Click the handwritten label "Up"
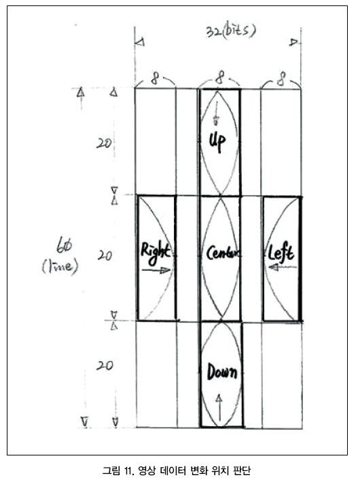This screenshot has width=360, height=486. click(x=217, y=142)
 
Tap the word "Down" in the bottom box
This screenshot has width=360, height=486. click(x=222, y=371)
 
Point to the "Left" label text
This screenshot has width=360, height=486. click(x=281, y=253)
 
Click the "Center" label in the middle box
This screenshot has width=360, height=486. click(x=223, y=253)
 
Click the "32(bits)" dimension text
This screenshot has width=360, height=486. click(x=231, y=31)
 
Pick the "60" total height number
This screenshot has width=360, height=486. click(x=64, y=245)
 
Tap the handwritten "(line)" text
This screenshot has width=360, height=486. click(x=60, y=266)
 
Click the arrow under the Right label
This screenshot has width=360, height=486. click(x=156, y=270)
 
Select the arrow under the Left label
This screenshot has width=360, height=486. click(x=282, y=267)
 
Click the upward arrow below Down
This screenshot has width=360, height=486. click(x=219, y=407)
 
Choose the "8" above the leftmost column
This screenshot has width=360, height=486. click(x=155, y=79)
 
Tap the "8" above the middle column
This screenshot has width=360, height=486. click(x=219, y=77)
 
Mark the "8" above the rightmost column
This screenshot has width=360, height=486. click(x=281, y=79)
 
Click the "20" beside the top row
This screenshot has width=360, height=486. click(x=103, y=143)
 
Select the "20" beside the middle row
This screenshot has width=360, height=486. click(x=105, y=256)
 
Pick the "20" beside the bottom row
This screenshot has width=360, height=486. click(x=105, y=365)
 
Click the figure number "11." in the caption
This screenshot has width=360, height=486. click(x=128, y=470)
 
